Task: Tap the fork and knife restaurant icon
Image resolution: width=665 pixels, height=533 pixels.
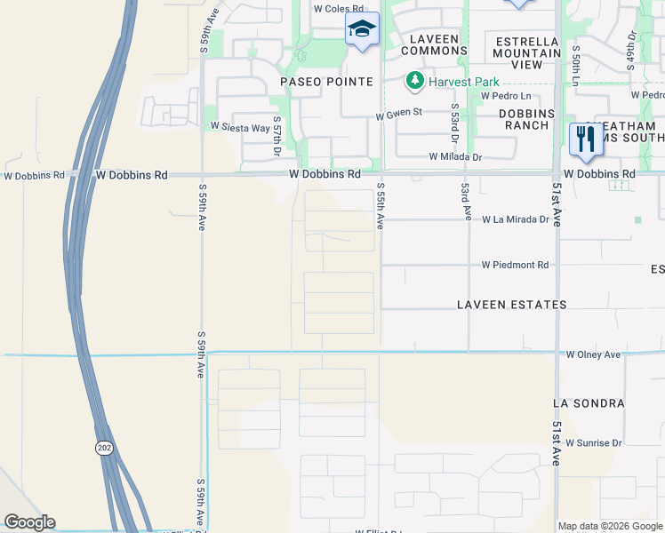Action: point(585,139)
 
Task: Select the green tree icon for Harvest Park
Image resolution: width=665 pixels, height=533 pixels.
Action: point(414,82)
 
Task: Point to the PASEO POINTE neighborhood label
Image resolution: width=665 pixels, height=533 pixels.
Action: point(326,82)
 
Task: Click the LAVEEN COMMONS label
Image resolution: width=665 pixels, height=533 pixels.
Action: point(435,44)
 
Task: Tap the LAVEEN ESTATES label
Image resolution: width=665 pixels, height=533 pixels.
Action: point(511,305)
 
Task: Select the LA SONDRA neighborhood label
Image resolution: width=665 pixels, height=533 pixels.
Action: point(588,402)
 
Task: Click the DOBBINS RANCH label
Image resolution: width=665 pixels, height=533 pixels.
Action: point(526,119)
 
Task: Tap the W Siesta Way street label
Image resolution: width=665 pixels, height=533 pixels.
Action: point(239,128)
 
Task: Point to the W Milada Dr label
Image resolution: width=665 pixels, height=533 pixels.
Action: point(454,156)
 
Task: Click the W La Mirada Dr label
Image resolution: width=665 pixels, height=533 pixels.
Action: point(516,219)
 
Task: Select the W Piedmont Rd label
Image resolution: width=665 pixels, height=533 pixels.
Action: point(516,265)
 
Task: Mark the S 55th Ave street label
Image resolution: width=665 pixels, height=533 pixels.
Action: point(380,206)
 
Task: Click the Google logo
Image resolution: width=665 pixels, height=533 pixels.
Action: point(29,522)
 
